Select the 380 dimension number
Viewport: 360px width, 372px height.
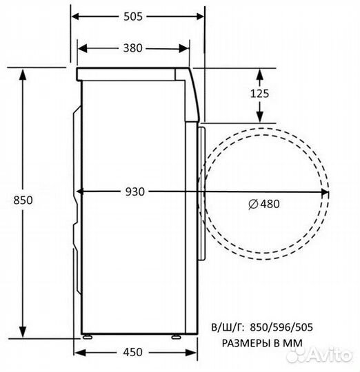(x=133, y=48)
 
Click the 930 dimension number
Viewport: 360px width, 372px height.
(x=135, y=192)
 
